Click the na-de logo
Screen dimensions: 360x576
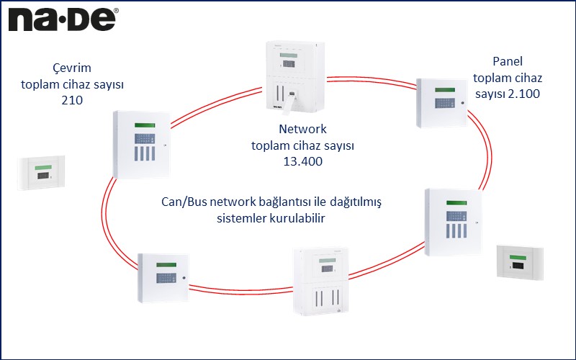click(x=63, y=19)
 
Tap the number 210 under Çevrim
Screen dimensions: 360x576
click(x=71, y=101)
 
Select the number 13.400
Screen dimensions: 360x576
click(x=302, y=162)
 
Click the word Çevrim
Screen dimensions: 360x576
click(x=72, y=68)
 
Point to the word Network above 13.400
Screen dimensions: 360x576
click(x=302, y=130)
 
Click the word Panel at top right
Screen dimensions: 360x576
click(x=507, y=61)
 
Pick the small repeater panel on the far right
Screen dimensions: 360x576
click(x=520, y=261)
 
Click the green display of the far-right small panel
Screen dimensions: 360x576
click(x=520, y=256)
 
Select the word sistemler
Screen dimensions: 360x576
click(x=243, y=219)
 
